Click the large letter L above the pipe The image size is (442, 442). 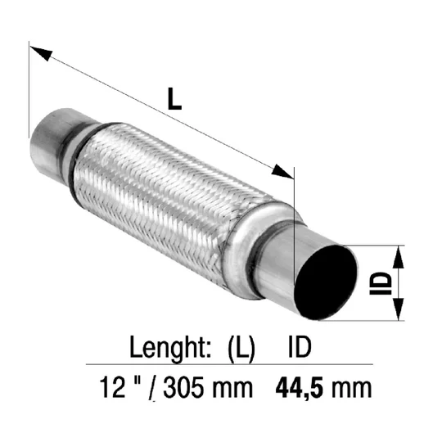coord(174,99)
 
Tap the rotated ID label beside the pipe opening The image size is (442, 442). coord(381,283)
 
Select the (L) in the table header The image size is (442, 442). coord(241,350)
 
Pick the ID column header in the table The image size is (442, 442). coord(300,347)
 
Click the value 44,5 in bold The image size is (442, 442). coord(301,389)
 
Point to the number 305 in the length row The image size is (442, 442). coord(183,388)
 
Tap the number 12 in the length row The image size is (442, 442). coord(113,388)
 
